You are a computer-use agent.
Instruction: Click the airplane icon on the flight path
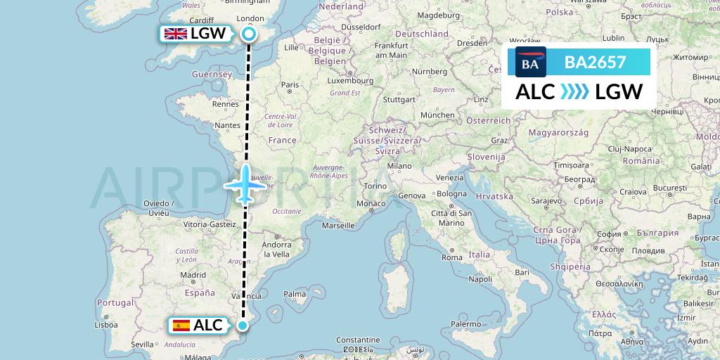[x=245, y=185]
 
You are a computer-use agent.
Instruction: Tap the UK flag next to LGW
[x=175, y=34]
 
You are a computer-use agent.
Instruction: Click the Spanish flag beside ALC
[x=181, y=325]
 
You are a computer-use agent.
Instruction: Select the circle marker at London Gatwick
[x=248, y=33]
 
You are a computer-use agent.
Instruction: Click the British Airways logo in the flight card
[x=530, y=63]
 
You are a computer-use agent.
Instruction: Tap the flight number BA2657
[x=595, y=63]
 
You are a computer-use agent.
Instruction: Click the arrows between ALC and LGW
[x=574, y=92]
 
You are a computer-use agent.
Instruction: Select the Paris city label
[x=290, y=85]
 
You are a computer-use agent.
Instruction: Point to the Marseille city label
[x=338, y=226]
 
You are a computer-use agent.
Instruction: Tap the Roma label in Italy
[x=452, y=257]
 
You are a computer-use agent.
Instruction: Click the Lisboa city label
[x=105, y=325]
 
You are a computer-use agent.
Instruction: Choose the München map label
[x=437, y=115]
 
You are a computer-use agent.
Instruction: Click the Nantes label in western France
[x=229, y=125]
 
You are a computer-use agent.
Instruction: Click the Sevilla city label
[x=141, y=344]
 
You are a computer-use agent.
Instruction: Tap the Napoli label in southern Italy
[x=480, y=279]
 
